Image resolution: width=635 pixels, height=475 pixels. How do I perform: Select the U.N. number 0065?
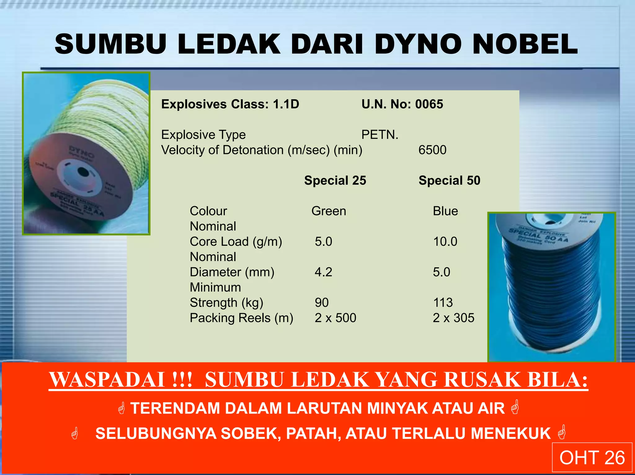coord(429,104)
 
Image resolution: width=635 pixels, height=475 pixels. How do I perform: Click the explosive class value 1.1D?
coord(286,104)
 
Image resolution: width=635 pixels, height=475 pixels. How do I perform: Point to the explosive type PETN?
coord(380,135)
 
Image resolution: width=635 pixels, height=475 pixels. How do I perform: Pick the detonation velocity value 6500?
coord(432,150)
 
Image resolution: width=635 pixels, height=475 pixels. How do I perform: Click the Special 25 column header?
coord(335,181)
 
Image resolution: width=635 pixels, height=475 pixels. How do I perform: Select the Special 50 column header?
coord(449,181)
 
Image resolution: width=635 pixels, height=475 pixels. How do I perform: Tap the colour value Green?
coord(329,211)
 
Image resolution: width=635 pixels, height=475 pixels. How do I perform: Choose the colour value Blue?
coord(445,211)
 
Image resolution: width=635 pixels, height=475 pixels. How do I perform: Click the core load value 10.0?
coord(445,242)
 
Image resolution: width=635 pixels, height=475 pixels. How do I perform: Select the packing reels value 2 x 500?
coord(335,318)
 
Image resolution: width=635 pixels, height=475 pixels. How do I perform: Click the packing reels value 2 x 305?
coord(453,318)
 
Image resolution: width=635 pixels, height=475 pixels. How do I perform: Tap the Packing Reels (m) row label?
coord(241,318)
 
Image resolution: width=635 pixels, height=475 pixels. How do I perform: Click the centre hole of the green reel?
coord(83,172)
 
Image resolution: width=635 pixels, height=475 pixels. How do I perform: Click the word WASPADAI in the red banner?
coord(107,380)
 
